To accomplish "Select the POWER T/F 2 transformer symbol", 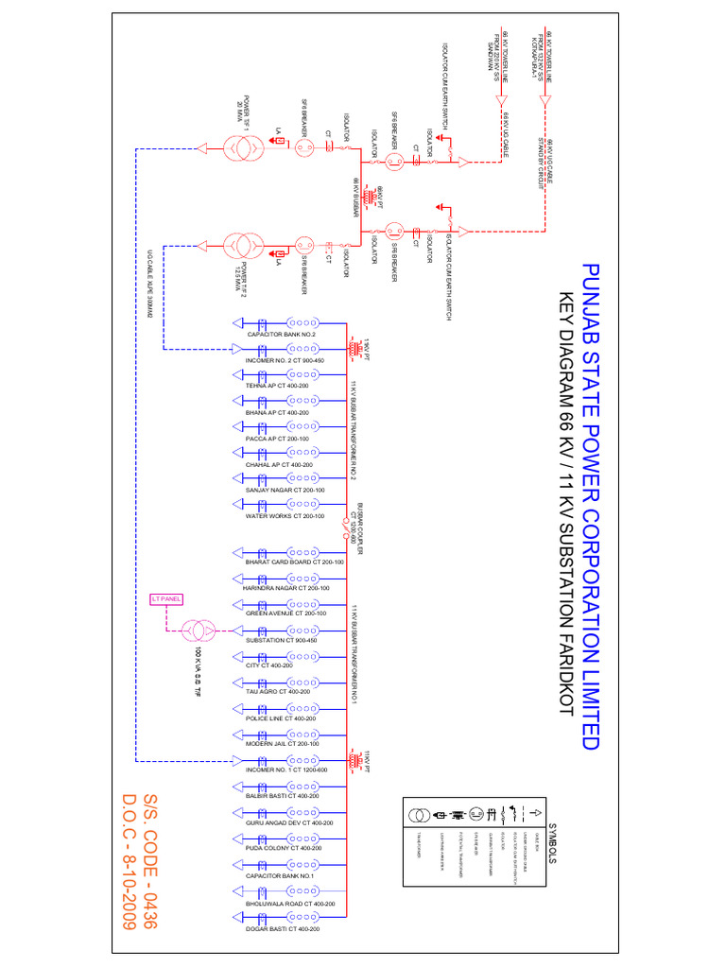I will [243, 248].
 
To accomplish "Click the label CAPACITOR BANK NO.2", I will [281, 336].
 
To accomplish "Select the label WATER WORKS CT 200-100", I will [285, 517].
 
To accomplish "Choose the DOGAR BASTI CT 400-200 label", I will [282, 930].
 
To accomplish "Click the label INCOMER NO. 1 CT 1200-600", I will [286, 770].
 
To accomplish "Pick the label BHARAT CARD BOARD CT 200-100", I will [294, 562].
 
